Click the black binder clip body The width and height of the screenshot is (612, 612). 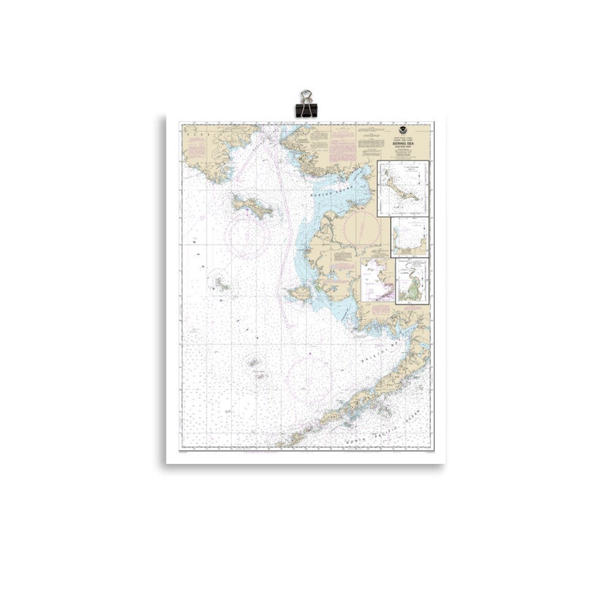pos(306,109)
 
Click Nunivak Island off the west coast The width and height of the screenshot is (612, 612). pos(300,293)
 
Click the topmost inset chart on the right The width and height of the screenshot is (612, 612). pos(402,188)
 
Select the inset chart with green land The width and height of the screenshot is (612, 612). pos(412,281)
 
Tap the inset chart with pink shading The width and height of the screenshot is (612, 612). pos(378,280)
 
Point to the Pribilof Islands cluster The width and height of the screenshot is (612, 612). pos(255,365)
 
